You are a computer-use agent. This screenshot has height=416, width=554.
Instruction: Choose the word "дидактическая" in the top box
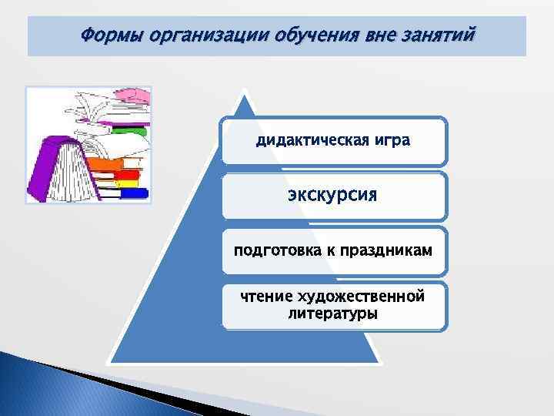(x=301, y=142)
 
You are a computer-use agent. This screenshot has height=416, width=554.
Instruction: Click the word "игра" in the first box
(x=390, y=142)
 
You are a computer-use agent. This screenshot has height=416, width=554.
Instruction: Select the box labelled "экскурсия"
(x=333, y=195)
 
